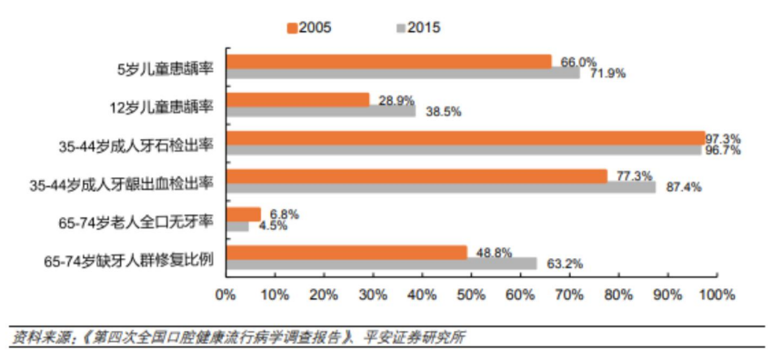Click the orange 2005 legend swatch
click(293, 27)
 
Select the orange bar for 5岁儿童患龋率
click(388, 61)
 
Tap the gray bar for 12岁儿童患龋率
click(321, 112)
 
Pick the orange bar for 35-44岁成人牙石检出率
click(466, 137)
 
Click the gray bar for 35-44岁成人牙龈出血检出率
click(441, 187)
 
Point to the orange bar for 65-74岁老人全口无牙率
click(243, 214)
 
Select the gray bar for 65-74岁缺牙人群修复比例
click(382, 264)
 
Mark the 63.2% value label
click(565, 264)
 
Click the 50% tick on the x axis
click(471, 295)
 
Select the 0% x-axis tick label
click(226, 295)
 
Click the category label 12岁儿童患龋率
click(161, 105)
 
